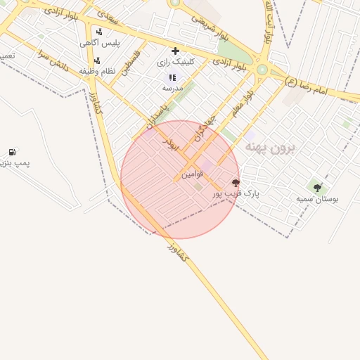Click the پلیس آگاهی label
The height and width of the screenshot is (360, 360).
pos(100,43)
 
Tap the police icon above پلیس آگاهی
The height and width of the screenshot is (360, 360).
pos(99,32)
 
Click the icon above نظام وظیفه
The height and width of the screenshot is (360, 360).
pos(97,60)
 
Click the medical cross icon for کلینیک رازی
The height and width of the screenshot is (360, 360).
pos(175,51)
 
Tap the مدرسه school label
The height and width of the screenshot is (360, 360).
pos(173,88)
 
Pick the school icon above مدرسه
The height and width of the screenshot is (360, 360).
pos(172,77)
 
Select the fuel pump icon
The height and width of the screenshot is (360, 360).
pos(12,152)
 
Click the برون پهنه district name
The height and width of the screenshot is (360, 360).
pos(271,148)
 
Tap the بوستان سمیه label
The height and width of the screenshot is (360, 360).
pos(317,199)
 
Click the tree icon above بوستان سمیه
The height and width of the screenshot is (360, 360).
pos(317,188)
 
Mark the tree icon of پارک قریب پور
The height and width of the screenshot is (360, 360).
pos(235,183)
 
